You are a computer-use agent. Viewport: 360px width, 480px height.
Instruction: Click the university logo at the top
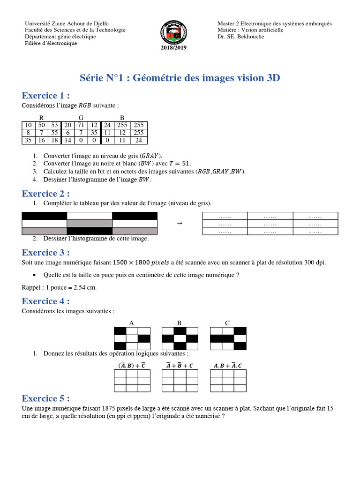pyautogui.click(x=173, y=32)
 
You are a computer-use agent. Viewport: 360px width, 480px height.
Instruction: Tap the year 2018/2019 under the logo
pyautogui.click(x=173, y=47)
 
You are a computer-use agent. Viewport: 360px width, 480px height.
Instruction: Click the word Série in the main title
pyautogui.click(x=91, y=78)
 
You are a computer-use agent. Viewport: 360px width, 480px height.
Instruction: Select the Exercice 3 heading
pyautogui.click(x=45, y=253)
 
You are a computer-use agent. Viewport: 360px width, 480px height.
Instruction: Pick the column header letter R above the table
pyautogui.click(x=41, y=118)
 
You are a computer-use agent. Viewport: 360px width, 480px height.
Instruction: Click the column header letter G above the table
pyautogui.click(x=81, y=118)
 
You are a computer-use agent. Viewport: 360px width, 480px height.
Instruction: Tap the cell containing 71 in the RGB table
pyautogui.click(x=81, y=125)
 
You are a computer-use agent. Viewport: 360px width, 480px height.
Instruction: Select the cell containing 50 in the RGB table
pyautogui.click(x=41, y=125)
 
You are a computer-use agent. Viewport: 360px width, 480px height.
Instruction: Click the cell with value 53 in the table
pyautogui.click(x=54, y=125)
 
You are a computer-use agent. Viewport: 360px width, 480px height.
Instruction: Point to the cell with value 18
pyautogui.click(x=54, y=140)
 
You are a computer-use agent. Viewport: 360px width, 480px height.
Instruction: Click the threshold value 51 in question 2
pyautogui.click(x=186, y=164)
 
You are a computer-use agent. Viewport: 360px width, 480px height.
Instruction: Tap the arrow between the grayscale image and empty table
pyautogui.click(x=180, y=224)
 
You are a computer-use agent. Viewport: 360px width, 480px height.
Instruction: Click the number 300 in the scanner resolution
pyautogui.click(x=309, y=262)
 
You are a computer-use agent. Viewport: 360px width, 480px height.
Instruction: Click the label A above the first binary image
pyautogui.click(x=132, y=323)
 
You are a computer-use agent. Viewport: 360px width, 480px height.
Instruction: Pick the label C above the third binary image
pyautogui.click(x=227, y=323)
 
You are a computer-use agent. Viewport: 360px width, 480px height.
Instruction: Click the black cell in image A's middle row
pyautogui.click(x=144, y=338)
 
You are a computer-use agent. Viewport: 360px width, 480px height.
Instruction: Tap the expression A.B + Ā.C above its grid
pyautogui.click(x=227, y=366)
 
